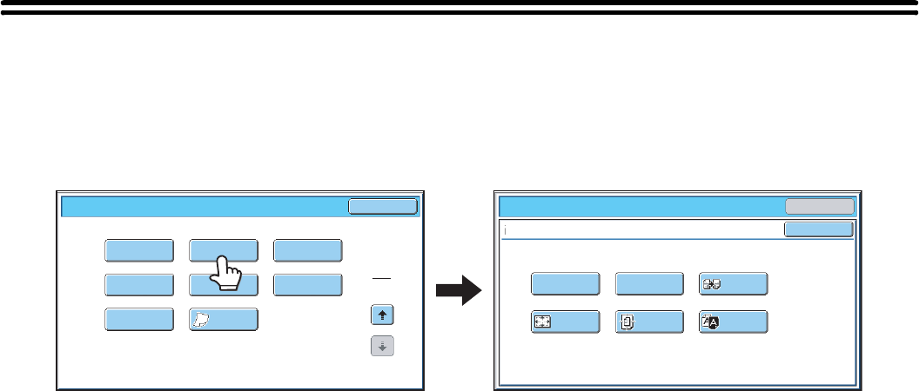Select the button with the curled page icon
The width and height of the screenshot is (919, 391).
(224, 320)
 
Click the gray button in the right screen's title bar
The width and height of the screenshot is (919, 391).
(820, 206)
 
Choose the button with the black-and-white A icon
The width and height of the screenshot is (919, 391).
(733, 321)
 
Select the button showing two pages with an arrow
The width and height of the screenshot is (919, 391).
(733, 284)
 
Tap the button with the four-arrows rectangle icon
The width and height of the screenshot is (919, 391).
(566, 321)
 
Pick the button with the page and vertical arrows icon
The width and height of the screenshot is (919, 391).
(649, 321)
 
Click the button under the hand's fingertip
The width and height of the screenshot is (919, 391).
(224, 250)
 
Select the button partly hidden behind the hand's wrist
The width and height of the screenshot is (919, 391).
(224, 285)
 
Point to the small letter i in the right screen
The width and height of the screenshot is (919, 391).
(504, 230)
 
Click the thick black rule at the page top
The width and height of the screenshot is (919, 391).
(459, 10)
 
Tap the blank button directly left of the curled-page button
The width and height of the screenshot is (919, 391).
(139, 320)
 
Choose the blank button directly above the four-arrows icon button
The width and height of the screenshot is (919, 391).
(566, 284)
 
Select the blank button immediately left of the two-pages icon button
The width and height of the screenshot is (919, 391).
(649, 284)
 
